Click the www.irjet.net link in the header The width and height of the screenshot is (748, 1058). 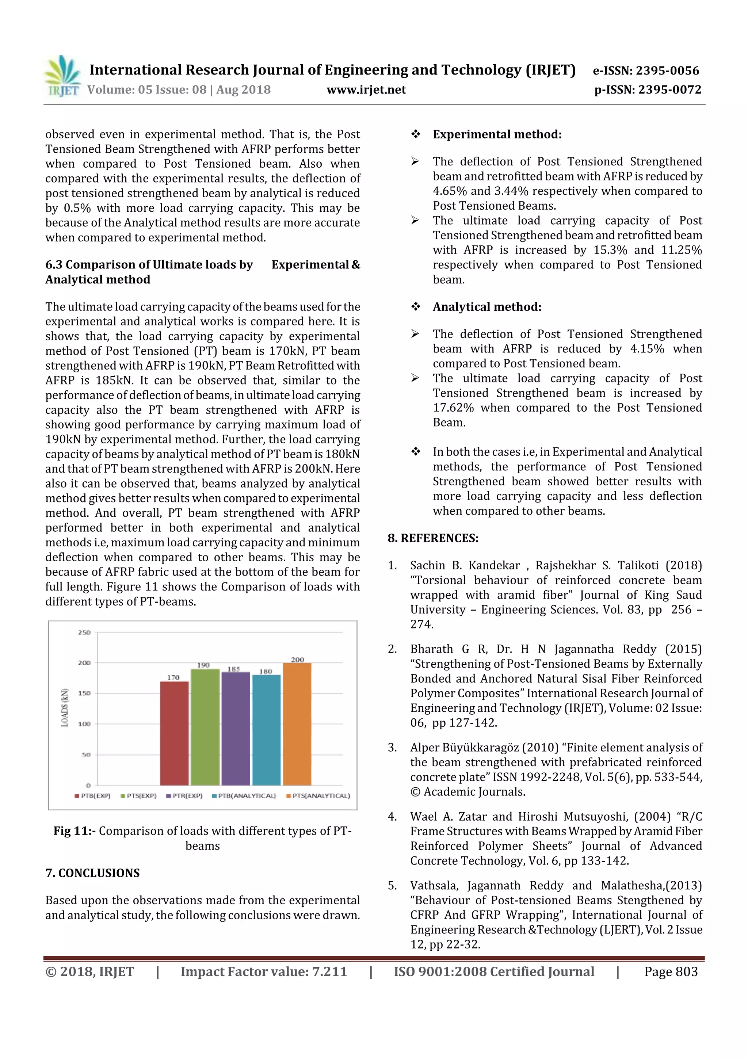click(366, 90)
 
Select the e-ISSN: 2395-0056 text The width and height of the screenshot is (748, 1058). click(646, 70)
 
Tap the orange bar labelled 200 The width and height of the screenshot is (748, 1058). click(297, 723)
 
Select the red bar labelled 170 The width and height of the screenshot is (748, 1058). click(174, 733)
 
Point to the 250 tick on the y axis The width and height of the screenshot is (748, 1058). click(84, 632)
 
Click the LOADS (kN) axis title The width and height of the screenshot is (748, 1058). click(65, 708)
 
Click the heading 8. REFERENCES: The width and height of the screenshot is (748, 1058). click(433, 538)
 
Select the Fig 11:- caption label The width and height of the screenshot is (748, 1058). click(74, 831)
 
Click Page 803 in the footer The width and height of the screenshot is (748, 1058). click(671, 971)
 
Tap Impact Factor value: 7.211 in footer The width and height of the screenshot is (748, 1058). click(264, 971)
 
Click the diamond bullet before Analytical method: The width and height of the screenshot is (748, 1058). click(415, 307)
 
